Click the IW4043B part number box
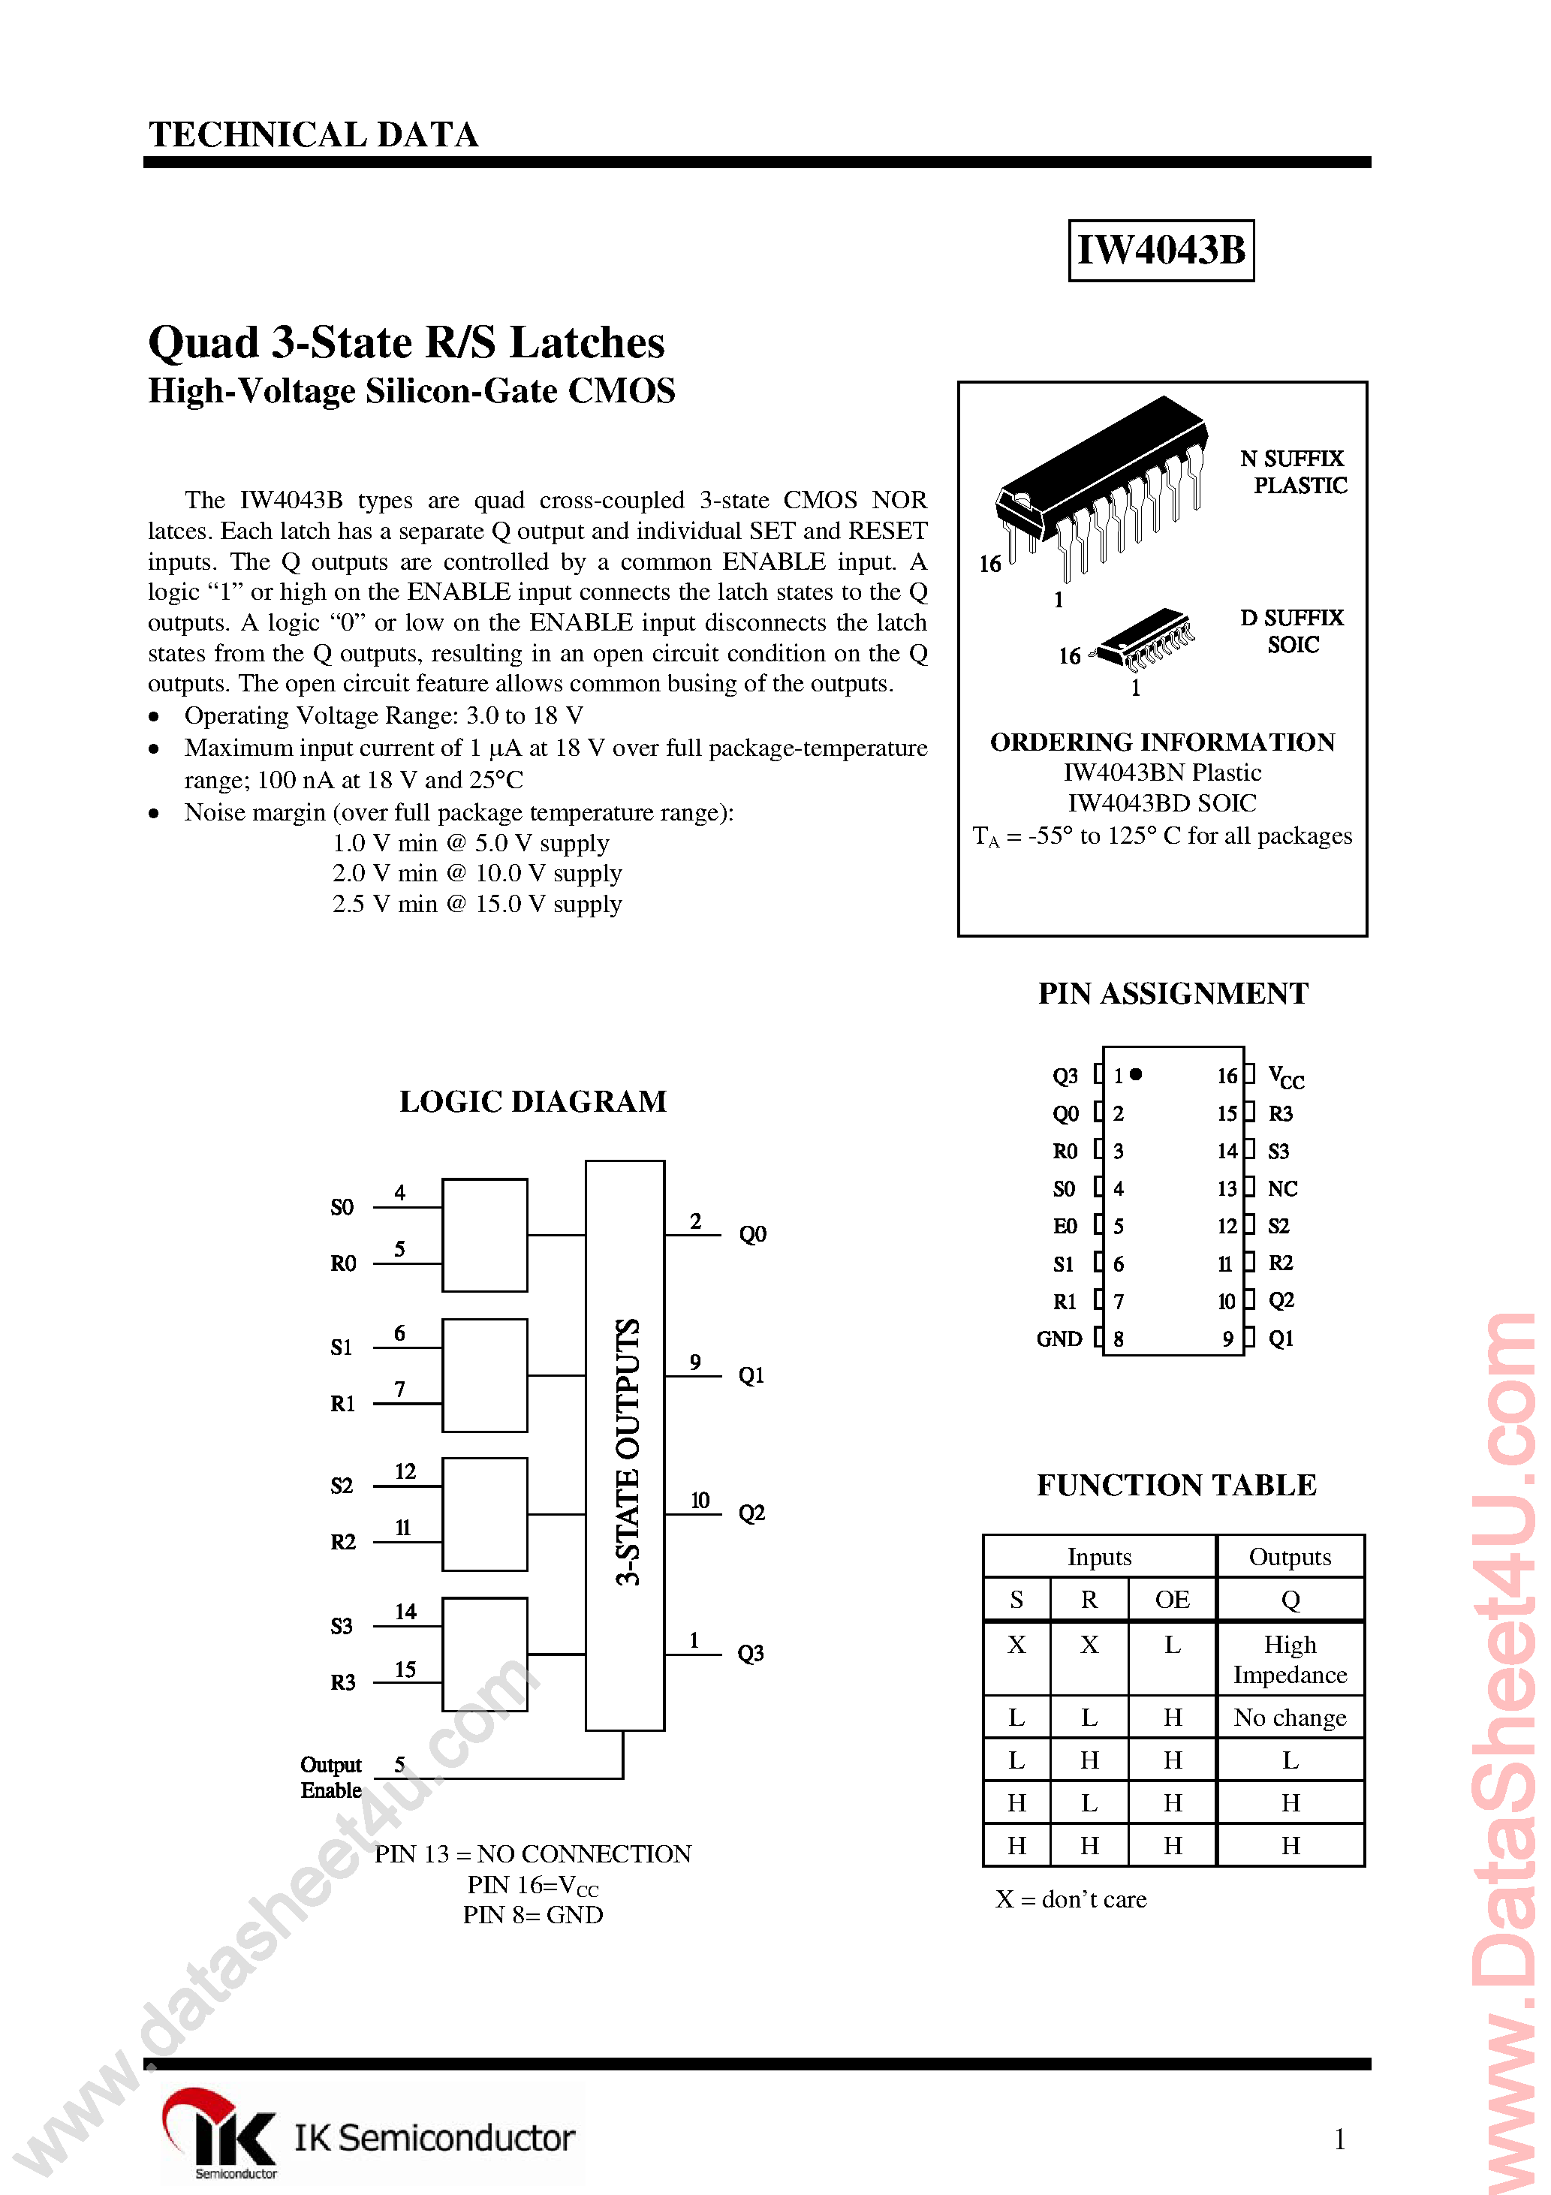(1160, 251)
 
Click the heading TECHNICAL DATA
(314, 135)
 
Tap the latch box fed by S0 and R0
(485, 1234)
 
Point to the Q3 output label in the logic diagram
(751, 1653)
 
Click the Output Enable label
(331, 1776)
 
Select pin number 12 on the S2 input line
(405, 1471)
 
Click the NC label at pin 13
(1282, 1188)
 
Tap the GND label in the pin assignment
(1059, 1338)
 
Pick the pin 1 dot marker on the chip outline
(1136, 1074)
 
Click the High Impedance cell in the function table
(1289, 1659)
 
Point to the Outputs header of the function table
(1289, 1556)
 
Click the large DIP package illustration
(1100, 483)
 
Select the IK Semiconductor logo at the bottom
(368, 2136)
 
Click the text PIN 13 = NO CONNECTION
(532, 1853)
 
